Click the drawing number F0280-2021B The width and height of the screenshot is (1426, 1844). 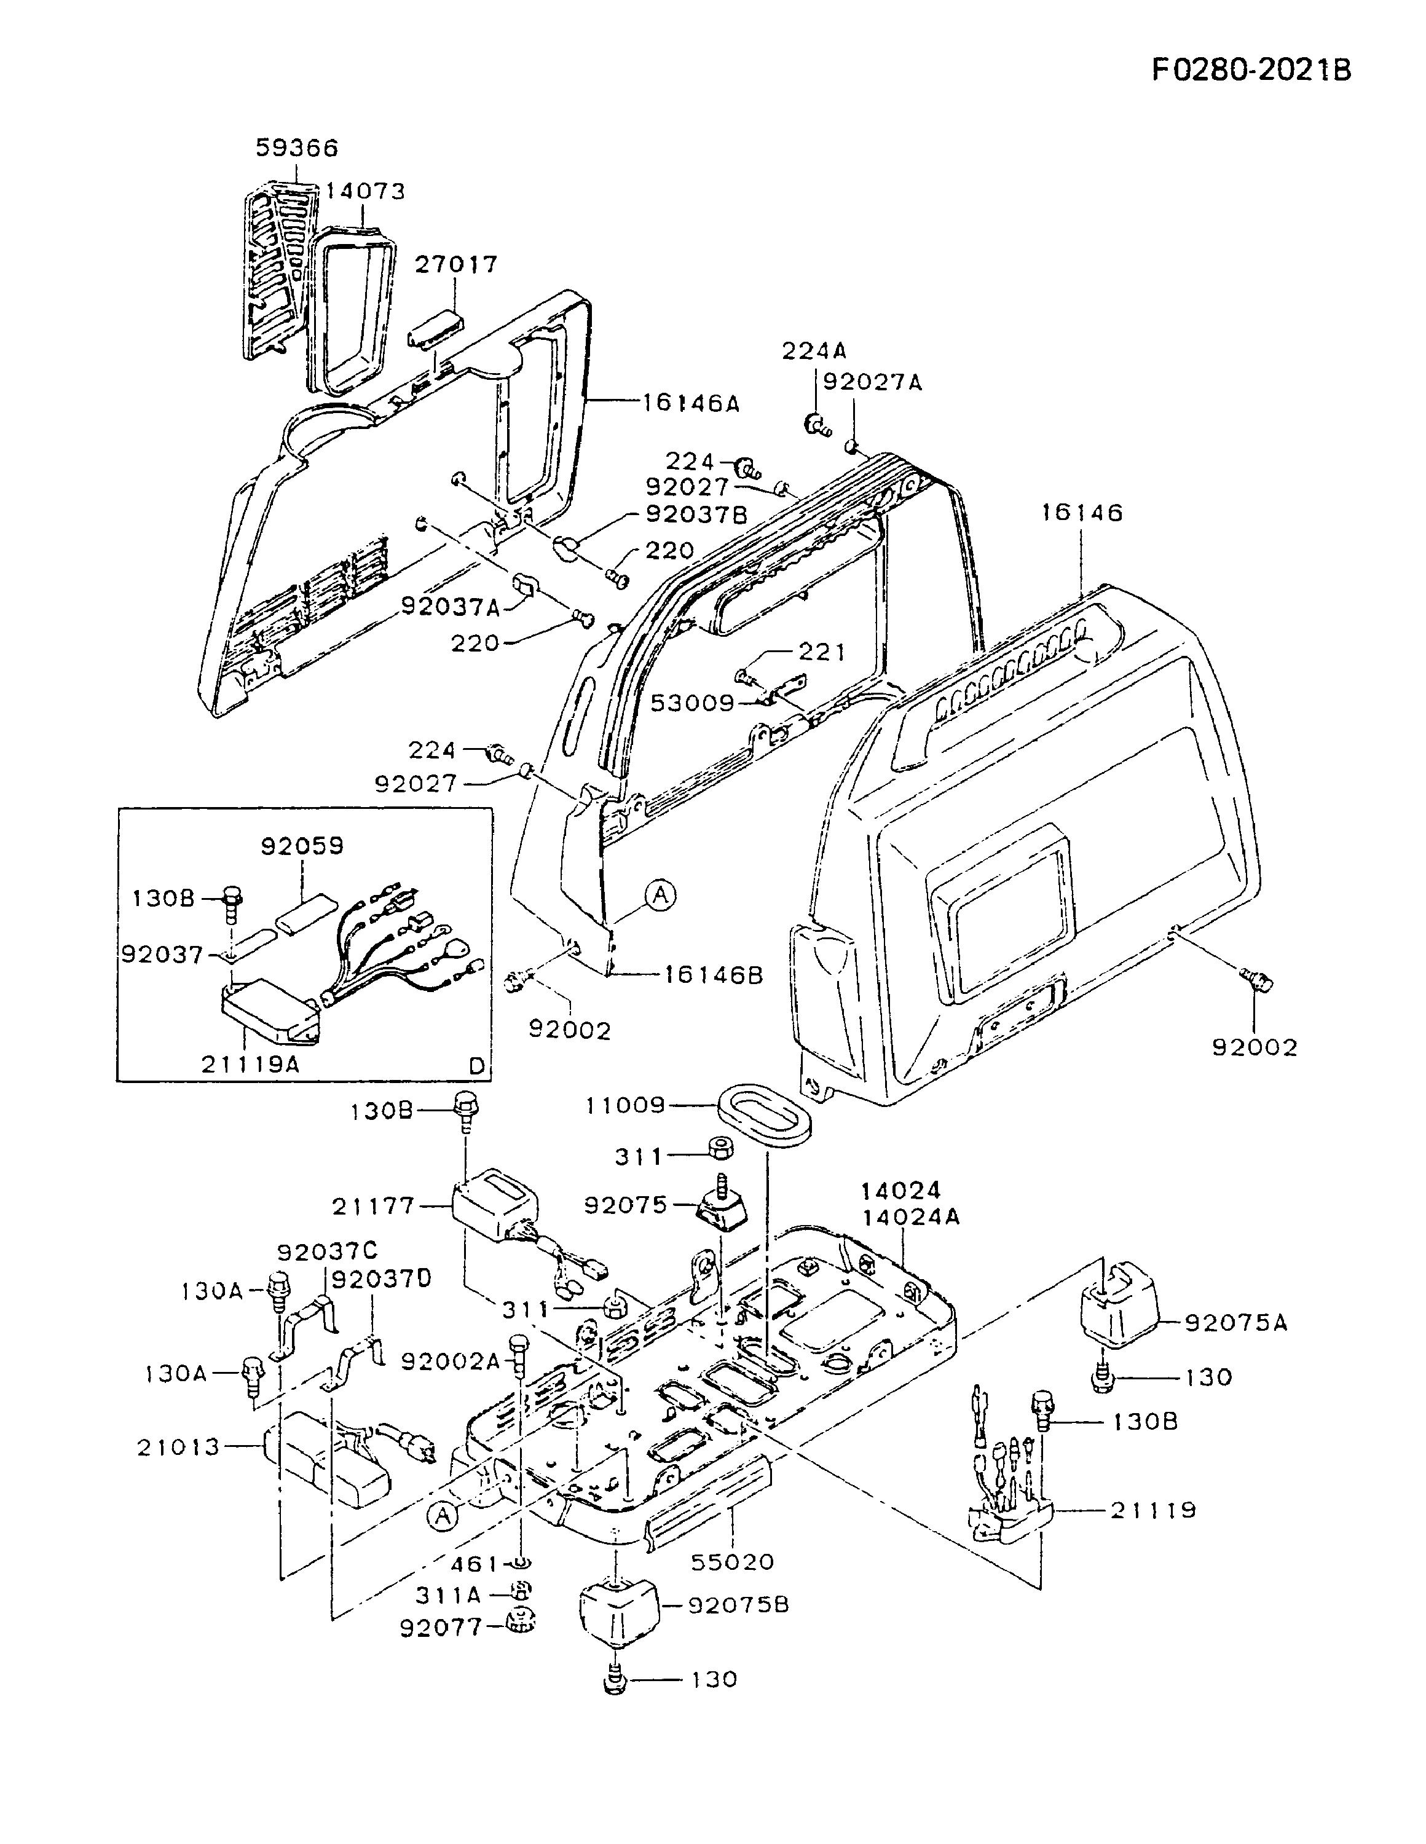coord(1252,69)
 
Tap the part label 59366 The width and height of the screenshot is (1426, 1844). coord(297,148)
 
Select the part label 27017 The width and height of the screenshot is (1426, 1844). coord(456,264)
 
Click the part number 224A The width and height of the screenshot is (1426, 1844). coord(814,350)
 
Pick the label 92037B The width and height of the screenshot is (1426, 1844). coord(696,514)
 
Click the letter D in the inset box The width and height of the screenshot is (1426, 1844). coord(477,1066)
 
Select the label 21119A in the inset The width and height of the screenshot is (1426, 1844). coord(251,1065)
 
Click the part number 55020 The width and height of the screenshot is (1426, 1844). coord(731,1561)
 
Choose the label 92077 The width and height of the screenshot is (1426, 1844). coord(441,1627)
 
